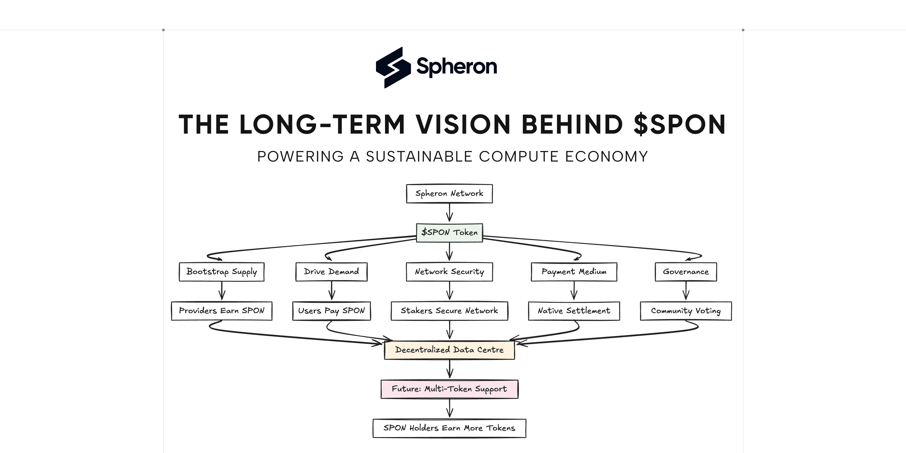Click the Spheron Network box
click(x=449, y=194)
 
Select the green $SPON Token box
click(x=449, y=233)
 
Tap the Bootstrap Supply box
click(x=221, y=272)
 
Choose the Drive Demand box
click(x=331, y=272)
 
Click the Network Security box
click(x=449, y=272)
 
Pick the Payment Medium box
click(x=574, y=272)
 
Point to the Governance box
click(x=686, y=272)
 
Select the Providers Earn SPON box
click(x=221, y=311)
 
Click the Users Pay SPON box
click(x=331, y=311)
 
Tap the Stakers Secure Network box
click(x=449, y=311)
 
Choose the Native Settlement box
click(x=574, y=311)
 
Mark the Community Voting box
click(x=686, y=311)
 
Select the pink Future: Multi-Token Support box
click(x=449, y=389)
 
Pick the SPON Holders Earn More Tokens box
click(x=449, y=428)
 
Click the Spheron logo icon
click(x=393, y=67)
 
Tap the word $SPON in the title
click(x=679, y=125)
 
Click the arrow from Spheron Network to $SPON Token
click(x=449, y=212)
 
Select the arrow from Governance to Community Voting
click(x=686, y=291)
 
